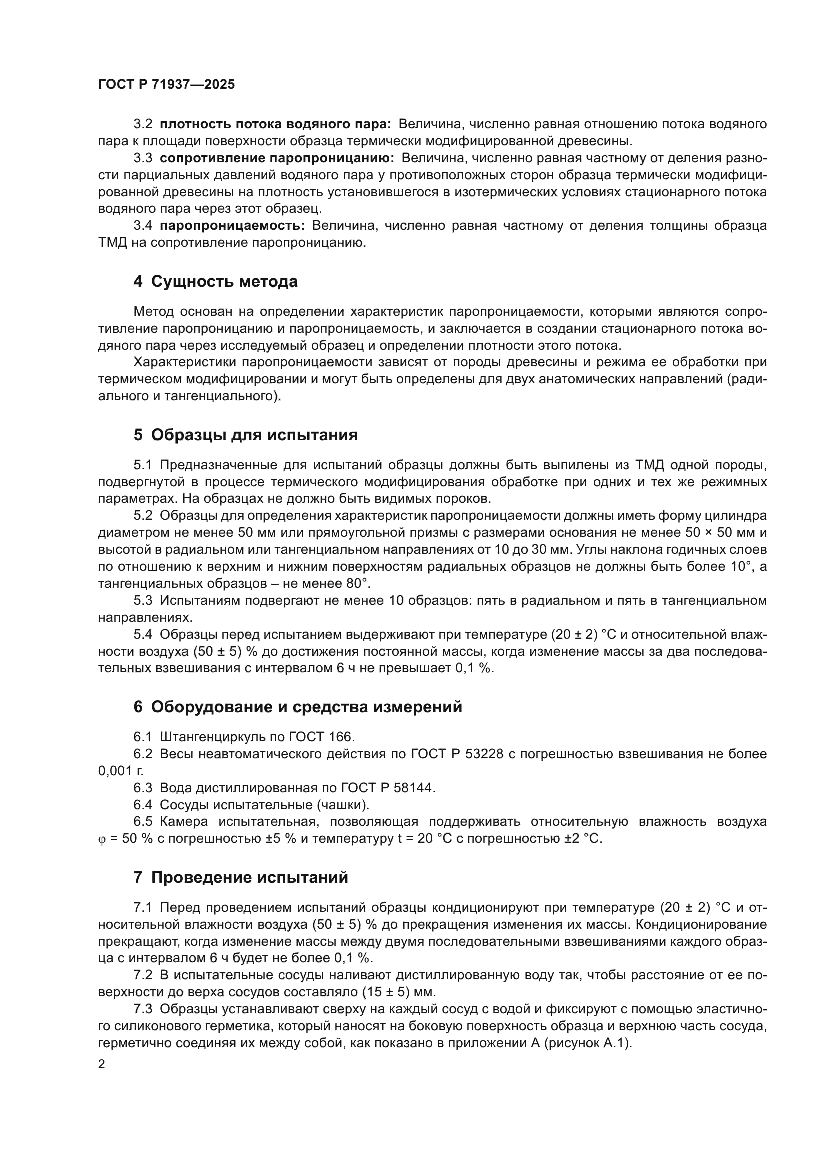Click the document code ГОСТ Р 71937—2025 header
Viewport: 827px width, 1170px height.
(x=166, y=85)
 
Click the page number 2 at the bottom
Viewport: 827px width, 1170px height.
(x=102, y=1064)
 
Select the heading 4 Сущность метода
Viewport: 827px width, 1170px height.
(x=215, y=281)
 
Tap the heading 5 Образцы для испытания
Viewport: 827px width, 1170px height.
(x=245, y=435)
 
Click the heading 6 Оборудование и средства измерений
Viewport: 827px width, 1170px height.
(x=298, y=707)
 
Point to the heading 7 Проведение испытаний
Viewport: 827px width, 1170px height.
(x=241, y=877)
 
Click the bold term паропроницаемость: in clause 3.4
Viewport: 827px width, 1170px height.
(x=232, y=226)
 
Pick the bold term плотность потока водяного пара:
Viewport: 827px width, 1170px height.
(x=275, y=124)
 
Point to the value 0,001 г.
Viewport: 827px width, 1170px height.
(x=120, y=771)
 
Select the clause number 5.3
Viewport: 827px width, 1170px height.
(x=143, y=601)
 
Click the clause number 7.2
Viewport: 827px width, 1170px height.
(x=143, y=975)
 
